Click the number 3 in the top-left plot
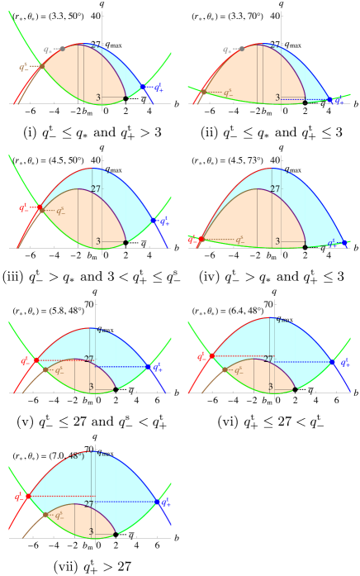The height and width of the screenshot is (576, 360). (98, 98)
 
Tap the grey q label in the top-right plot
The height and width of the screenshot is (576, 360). (227, 50)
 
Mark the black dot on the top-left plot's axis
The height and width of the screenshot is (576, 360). (126, 99)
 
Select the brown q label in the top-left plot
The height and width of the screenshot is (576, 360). (23, 68)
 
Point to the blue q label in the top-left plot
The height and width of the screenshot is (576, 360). (158, 87)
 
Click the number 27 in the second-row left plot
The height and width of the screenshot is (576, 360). (96, 189)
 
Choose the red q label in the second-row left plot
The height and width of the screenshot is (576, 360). (23, 209)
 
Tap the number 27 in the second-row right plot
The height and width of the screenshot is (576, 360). (275, 189)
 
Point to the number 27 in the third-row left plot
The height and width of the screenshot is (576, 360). (89, 359)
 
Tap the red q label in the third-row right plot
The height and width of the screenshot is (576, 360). (201, 357)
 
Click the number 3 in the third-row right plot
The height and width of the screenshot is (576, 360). (270, 387)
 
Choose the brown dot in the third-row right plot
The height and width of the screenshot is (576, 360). (225, 369)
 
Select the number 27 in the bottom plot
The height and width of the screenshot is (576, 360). (88, 503)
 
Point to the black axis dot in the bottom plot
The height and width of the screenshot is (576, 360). (115, 533)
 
